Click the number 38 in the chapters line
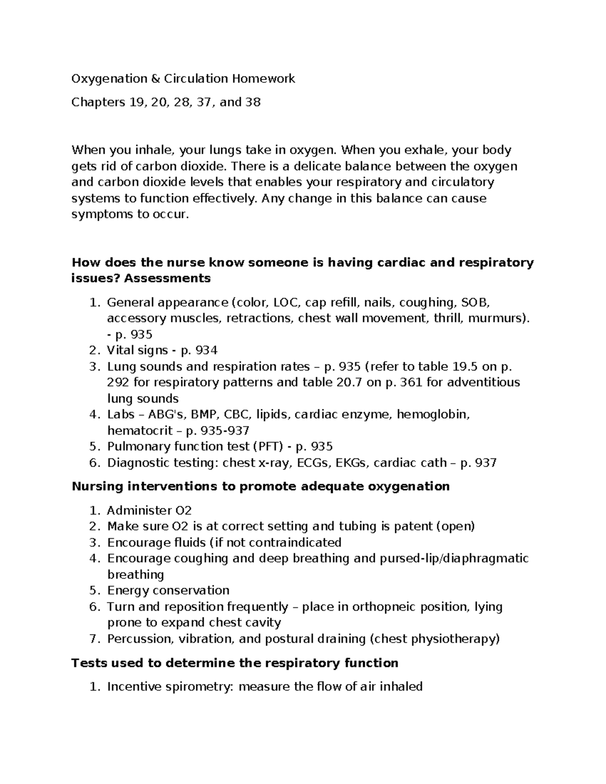[253, 102]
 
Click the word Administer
[138, 510]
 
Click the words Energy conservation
[168, 591]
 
